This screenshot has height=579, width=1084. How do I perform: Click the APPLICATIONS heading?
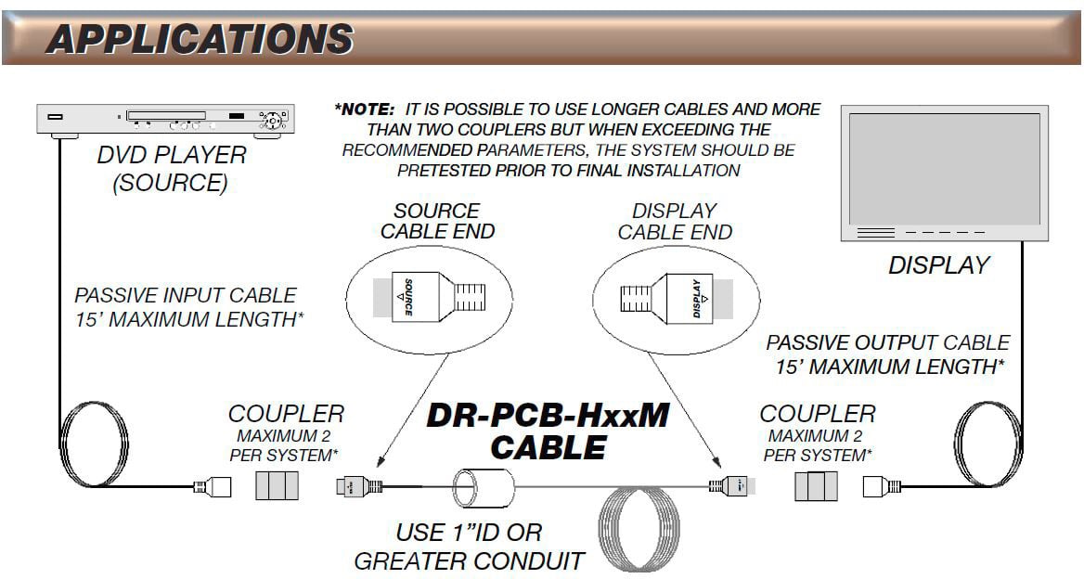point(199,39)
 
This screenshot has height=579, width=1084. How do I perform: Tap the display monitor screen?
point(944,166)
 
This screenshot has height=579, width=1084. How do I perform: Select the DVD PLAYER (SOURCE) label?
point(171,168)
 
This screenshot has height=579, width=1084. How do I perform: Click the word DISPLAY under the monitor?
point(938,265)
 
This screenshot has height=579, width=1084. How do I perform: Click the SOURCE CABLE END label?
point(437,222)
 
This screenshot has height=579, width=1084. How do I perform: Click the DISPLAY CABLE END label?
point(675,222)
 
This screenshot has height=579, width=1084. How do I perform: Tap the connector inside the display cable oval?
point(665,299)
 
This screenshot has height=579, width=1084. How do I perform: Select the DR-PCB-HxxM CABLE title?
point(548,431)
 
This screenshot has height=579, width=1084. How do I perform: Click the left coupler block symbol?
point(275,485)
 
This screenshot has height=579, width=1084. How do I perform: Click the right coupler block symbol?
point(816,485)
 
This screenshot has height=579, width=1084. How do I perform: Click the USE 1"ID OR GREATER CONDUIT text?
point(470,547)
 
